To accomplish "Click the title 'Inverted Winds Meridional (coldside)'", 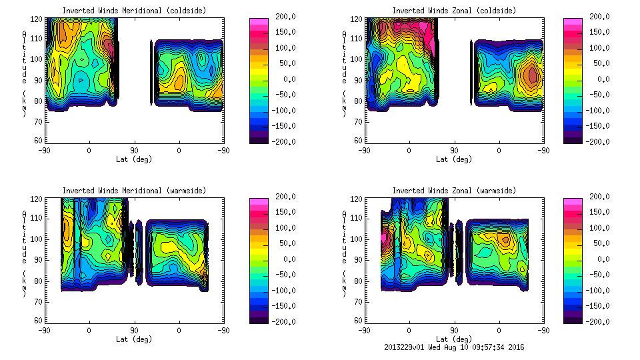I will (x=134, y=11).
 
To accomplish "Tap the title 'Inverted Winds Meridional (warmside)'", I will (x=134, y=191).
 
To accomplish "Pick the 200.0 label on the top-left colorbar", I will (x=283, y=17).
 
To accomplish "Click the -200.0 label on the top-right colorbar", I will (x=597, y=141).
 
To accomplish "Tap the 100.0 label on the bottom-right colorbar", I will (x=597, y=228).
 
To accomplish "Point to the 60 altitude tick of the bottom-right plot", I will (x=353, y=321).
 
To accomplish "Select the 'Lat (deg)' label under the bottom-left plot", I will (x=135, y=339).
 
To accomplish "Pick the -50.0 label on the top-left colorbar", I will (x=283, y=95).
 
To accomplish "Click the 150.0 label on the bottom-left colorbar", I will (x=283, y=212).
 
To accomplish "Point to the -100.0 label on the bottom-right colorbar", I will (x=597, y=291).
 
